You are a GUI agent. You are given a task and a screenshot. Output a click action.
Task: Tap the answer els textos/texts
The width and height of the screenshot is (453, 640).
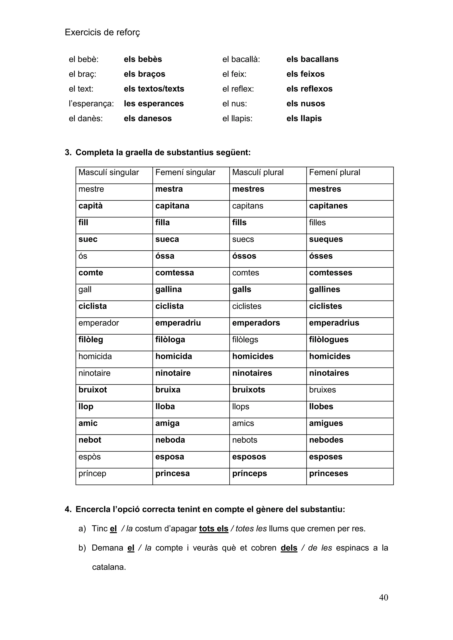pyautogui.click(x=154, y=89)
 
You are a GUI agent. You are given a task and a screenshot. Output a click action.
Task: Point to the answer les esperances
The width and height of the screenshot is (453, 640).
pyautogui.click(x=154, y=103)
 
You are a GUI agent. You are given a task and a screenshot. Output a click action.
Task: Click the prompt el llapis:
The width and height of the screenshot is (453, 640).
pyautogui.click(x=237, y=118)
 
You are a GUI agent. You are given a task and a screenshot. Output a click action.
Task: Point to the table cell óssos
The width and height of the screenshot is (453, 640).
pyautogui.click(x=244, y=256)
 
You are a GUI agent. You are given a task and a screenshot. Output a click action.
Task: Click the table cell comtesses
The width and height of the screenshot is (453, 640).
pyautogui.click(x=330, y=273)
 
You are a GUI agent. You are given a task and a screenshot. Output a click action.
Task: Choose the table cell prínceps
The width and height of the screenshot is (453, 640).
pyautogui.click(x=249, y=473)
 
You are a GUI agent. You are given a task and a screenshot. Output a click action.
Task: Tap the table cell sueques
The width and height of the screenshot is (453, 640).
pyautogui.click(x=326, y=239)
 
